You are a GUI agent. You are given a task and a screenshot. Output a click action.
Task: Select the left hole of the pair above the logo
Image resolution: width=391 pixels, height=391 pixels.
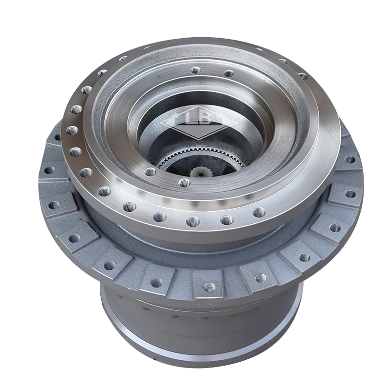click(195, 71)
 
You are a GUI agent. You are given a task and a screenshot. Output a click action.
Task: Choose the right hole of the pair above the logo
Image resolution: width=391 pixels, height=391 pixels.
click(229, 74)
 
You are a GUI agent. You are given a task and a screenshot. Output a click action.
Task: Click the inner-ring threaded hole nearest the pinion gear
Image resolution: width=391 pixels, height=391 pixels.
click(184, 183)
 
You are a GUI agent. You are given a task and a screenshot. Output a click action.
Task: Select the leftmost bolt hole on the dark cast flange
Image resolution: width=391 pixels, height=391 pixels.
click(49, 171)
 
